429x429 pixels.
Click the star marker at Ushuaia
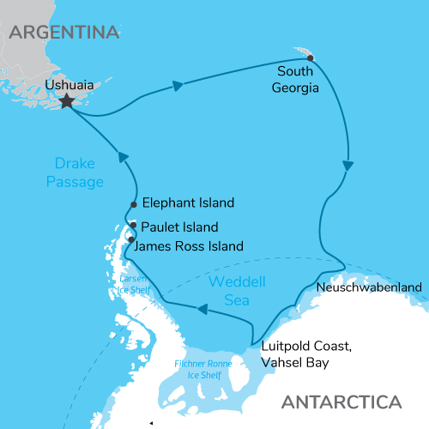pyautogui.click(x=66, y=102)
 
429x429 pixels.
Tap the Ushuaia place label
pyautogui.click(x=69, y=85)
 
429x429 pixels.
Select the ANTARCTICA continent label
pyautogui.click(x=341, y=402)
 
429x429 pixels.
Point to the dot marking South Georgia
pyautogui.click(x=311, y=58)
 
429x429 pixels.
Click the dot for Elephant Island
pyautogui.click(x=134, y=204)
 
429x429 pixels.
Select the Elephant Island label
pyautogui.click(x=188, y=203)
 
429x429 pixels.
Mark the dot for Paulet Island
pyautogui.click(x=133, y=225)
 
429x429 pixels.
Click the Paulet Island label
pyautogui.click(x=180, y=227)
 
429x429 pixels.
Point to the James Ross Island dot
pyautogui.click(x=131, y=239)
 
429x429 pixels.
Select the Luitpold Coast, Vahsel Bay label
pyautogui.click(x=305, y=354)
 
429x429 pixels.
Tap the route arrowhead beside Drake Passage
pyautogui.click(x=123, y=157)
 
